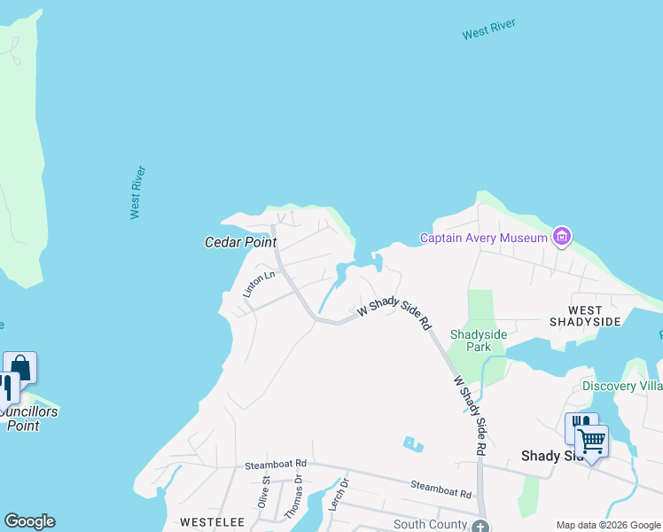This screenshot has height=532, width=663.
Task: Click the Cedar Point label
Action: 241,242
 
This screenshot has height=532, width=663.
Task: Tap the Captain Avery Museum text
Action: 484,238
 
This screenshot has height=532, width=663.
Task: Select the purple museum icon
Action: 561,237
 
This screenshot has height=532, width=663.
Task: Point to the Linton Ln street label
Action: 260,285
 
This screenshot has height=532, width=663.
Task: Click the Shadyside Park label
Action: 479,340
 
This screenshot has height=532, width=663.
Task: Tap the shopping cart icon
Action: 591,439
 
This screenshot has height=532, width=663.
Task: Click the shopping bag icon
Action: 20,367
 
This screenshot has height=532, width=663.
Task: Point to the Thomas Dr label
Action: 293,497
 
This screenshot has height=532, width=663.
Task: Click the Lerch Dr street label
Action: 336,495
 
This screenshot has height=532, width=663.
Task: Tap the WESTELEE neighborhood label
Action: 212,522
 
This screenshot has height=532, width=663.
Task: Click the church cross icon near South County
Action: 481,526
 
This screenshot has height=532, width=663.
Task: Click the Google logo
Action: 29,521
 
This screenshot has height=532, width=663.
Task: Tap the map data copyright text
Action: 608,525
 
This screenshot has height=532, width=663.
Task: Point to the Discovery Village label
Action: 622,386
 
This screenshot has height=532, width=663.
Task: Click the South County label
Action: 430,525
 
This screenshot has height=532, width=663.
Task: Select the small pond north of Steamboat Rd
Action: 411,442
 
